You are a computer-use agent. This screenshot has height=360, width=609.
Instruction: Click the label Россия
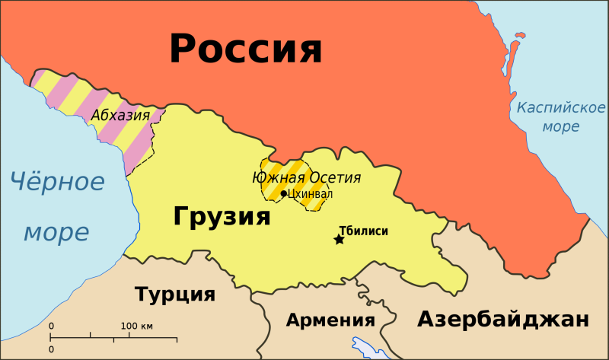pyautogui.click(x=246, y=49)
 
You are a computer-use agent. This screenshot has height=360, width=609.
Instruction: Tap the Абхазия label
pyautogui.click(x=120, y=115)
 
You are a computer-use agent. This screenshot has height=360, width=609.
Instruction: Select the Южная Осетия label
pyautogui.click(x=306, y=178)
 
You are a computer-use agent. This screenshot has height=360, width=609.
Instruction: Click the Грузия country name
pyautogui.click(x=222, y=216)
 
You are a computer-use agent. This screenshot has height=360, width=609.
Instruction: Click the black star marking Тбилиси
pyautogui.click(x=339, y=240)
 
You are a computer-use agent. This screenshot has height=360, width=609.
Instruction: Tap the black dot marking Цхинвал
pyautogui.click(x=284, y=193)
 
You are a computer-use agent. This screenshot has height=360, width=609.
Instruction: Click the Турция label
pyautogui.click(x=174, y=295)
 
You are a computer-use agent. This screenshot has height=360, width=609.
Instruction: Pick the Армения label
pyautogui.click(x=330, y=320)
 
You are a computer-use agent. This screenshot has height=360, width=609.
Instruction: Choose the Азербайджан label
pyautogui.click(x=502, y=319)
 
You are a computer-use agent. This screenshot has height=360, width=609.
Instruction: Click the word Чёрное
pyautogui.click(x=57, y=182)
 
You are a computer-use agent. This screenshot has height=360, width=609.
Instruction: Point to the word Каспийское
pyautogui.click(x=560, y=107)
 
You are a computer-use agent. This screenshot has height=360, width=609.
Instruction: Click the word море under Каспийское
pyautogui.click(x=560, y=126)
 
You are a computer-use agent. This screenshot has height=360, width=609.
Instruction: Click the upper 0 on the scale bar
pyautogui.click(x=52, y=327)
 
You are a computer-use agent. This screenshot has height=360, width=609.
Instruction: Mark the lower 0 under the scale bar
pyautogui.click(x=52, y=349)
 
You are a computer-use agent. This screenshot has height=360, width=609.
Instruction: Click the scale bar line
pyautogui.click(x=114, y=337)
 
